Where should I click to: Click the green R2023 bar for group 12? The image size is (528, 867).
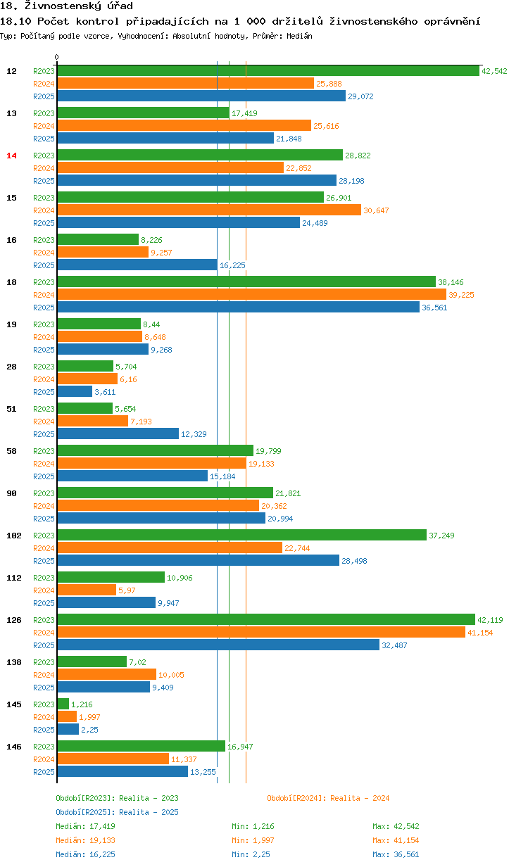(268, 70)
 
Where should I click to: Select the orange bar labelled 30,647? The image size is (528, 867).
(208, 210)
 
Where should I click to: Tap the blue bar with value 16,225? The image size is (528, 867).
(137, 265)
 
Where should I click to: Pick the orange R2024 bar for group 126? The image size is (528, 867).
(260, 632)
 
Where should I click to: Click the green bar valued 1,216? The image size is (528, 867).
(63, 704)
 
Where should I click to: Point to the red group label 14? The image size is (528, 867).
(11, 156)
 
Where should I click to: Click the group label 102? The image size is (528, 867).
(13, 536)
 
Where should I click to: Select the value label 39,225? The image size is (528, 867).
(461, 295)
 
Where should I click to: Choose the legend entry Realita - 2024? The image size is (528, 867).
(328, 798)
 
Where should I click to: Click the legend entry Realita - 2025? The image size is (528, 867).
(117, 812)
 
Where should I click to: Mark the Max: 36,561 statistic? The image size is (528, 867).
(396, 854)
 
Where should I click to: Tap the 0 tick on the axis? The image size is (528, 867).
(57, 57)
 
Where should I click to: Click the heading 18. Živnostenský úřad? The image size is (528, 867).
(67, 6)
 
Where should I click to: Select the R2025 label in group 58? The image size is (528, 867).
(44, 476)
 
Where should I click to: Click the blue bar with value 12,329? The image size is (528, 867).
(118, 433)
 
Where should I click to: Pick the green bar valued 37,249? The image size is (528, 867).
(241, 535)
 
